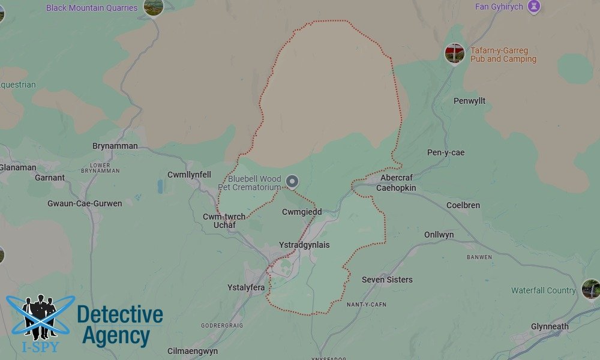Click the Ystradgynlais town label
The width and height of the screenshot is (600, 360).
(x=304, y=245)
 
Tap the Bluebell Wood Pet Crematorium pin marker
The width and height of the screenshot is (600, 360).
(x=292, y=181)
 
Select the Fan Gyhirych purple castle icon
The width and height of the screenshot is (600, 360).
(x=534, y=7)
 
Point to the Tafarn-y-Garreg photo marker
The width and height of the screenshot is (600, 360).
(x=455, y=53)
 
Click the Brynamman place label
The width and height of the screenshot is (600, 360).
(x=115, y=146)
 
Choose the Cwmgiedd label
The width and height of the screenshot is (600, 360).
(x=302, y=212)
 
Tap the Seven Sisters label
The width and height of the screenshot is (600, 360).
(x=387, y=280)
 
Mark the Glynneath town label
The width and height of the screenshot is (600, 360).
(x=550, y=326)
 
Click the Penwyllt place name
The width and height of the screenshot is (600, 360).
(x=469, y=101)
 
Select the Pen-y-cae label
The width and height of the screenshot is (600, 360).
(x=446, y=152)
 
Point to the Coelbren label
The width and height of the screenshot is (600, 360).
(x=463, y=205)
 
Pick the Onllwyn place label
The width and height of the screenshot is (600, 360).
(x=439, y=235)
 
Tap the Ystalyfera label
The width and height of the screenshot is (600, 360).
(x=246, y=287)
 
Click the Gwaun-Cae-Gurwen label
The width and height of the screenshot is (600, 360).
(x=85, y=203)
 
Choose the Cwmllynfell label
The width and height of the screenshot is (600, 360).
(x=189, y=175)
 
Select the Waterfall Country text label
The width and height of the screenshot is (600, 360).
(x=543, y=290)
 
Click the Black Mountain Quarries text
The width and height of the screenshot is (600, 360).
(x=92, y=8)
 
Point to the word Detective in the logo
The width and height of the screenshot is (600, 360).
(x=120, y=315)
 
